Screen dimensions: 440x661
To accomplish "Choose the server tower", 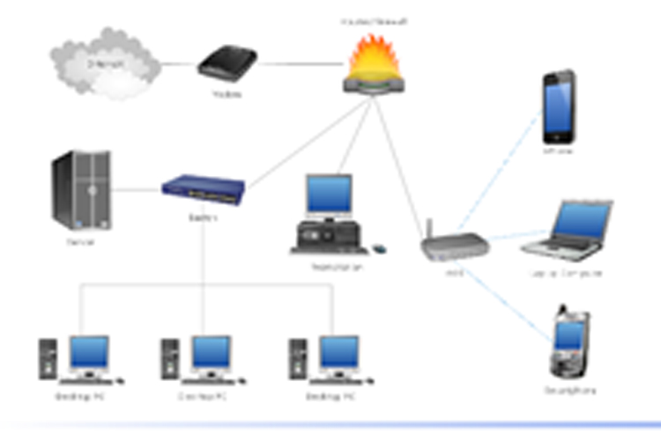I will point(82,188).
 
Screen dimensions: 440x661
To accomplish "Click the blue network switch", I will point(204,188).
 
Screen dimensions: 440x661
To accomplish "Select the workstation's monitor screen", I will point(329,194).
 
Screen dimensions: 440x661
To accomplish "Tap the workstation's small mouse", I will point(379,248).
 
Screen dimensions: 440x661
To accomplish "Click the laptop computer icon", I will point(568,229).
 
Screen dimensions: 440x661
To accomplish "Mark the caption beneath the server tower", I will point(79,240).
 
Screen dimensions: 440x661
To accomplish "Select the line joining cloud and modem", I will point(179,63).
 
